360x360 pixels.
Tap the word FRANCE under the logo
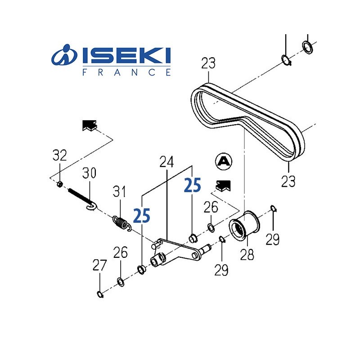click(x=127, y=72)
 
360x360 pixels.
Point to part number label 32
click(x=59, y=156)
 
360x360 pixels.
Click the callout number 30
click(x=90, y=173)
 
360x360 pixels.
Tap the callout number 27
click(x=100, y=265)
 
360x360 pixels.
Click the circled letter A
click(x=223, y=161)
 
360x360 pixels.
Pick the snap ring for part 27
click(x=100, y=295)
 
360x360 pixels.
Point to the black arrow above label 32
click(x=90, y=126)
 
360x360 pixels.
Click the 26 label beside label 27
click(x=121, y=253)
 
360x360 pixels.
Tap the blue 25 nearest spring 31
click(x=142, y=216)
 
